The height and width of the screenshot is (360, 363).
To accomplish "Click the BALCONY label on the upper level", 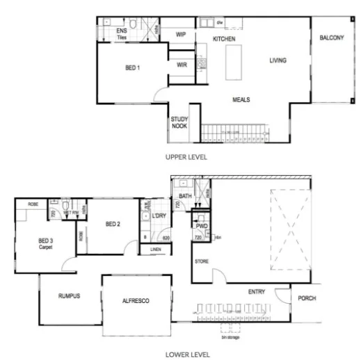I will click(x=331, y=38).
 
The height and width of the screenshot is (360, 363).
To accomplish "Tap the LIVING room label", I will click(x=277, y=61).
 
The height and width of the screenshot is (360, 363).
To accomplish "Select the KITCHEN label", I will click(x=224, y=38).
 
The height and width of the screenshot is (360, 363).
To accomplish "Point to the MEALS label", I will click(x=241, y=99).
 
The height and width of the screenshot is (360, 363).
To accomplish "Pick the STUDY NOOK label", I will click(x=179, y=123).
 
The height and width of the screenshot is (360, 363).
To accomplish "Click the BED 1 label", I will click(x=132, y=68).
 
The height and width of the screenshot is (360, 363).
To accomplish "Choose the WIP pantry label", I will click(x=181, y=34).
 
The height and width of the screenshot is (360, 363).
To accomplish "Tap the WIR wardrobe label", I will click(x=182, y=65).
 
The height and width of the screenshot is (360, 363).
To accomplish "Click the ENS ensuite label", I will click(x=122, y=31).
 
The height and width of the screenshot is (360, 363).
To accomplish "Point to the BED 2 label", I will click(x=113, y=224).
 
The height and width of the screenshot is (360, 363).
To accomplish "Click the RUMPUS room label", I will click(x=70, y=296).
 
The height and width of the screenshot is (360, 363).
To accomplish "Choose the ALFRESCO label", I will click(x=136, y=300).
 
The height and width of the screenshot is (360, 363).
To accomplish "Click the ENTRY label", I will click(x=257, y=292).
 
